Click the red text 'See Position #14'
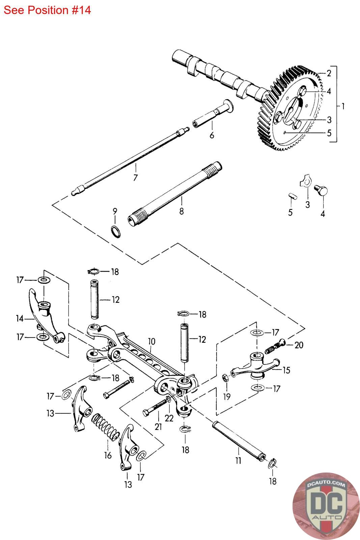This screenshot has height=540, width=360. click(47, 10)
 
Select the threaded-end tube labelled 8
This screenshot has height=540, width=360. click(175, 192)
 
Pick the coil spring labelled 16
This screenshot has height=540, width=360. click(105, 428)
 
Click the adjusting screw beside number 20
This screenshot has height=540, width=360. click(275, 346)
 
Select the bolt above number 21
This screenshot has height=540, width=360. click(156, 407)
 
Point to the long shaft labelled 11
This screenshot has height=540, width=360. click(238, 440)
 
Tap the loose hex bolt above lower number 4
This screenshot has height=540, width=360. click(322, 190)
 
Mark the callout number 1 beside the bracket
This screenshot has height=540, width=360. click(343, 106)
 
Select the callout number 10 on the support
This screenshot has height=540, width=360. click(151, 341)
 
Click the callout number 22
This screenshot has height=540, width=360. click(169, 418)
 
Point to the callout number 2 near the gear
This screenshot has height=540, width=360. click(329, 73)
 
